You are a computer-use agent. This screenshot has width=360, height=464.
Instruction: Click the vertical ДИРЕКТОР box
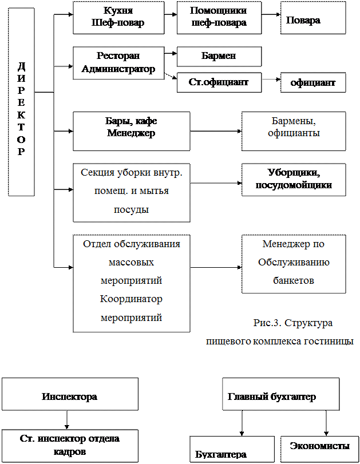click(21, 102)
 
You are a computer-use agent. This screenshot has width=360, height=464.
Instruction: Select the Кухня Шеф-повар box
click(118, 17)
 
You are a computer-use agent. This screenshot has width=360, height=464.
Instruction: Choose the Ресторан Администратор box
click(118, 63)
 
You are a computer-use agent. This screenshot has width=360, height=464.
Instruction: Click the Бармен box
click(219, 57)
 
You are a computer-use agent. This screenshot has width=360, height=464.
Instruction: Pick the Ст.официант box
click(219, 82)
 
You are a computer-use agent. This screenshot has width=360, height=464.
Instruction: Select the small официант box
click(313, 83)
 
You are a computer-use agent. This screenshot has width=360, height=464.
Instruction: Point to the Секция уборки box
click(131, 192)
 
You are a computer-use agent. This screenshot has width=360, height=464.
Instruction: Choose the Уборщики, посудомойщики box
click(294, 180)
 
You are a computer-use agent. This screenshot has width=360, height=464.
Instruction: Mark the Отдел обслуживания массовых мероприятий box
click(131, 283)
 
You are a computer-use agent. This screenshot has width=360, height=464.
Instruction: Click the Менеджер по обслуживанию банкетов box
click(294, 264)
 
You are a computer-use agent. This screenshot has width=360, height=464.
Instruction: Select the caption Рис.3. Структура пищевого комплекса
click(279, 332)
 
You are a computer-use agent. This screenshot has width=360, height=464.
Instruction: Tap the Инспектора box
click(69, 394)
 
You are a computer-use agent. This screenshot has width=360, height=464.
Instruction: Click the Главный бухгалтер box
click(280, 394)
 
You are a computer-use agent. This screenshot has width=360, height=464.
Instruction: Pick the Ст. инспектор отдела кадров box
click(69, 446)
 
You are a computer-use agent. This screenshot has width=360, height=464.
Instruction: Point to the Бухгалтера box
click(232, 450)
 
